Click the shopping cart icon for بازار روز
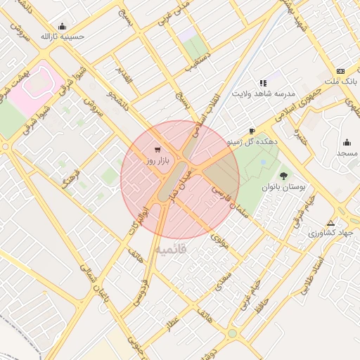pyautogui.click(x=156, y=149)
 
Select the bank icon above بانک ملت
pyautogui.click(x=340, y=71)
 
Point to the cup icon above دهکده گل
pyautogui.click(x=252, y=131)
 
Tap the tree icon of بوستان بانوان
pyautogui.click(x=284, y=176)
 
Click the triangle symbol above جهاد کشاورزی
pyautogui.click(x=330, y=222)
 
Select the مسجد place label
pyautogui.click(x=347, y=153)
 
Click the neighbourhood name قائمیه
pyautogui.click(x=172, y=250)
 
